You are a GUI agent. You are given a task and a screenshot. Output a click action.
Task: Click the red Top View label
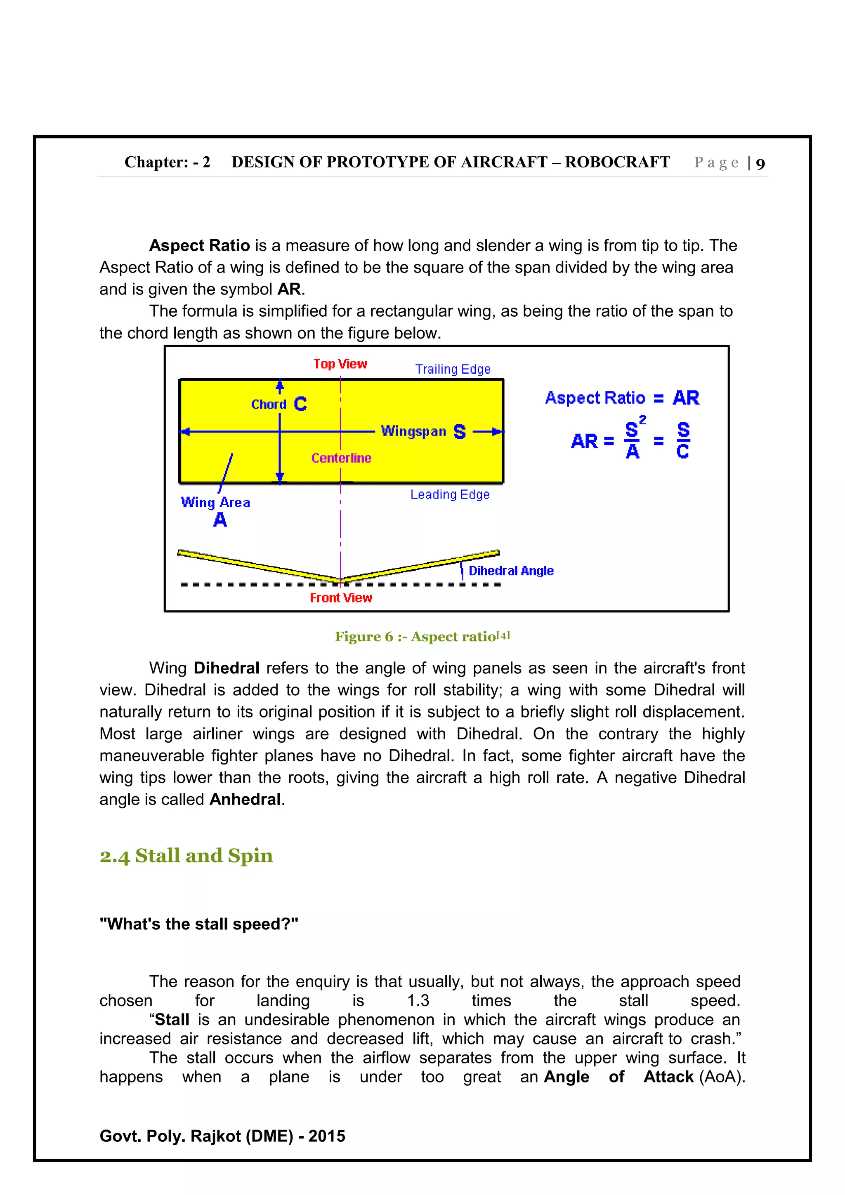[x=340, y=364]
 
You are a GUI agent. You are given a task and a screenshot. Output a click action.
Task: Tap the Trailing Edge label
[x=453, y=369]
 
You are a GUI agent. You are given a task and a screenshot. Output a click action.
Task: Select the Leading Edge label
[x=450, y=494]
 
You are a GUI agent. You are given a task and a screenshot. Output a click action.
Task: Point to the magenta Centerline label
[x=341, y=458]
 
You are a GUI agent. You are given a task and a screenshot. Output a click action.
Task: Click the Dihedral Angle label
[x=511, y=571]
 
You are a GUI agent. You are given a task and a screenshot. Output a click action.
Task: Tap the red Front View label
[x=341, y=597]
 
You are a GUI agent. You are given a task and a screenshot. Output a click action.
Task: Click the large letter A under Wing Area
[x=220, y=520]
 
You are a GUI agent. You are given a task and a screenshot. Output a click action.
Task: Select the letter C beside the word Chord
[x=300, y=404]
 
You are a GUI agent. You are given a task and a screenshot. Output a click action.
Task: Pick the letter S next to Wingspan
[x=459, y=431]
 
